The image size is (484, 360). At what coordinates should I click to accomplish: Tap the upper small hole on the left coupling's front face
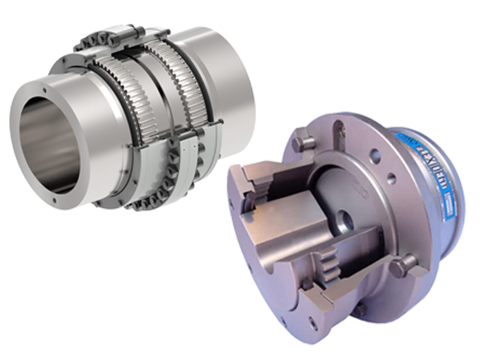[45, 91]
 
